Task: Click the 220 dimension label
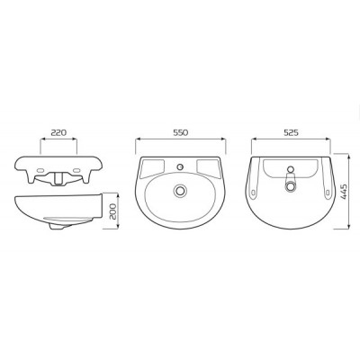click(x=58, y=132)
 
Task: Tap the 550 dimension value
click(x=180, y=132)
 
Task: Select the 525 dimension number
click(x=291, y=132)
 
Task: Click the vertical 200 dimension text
click(x=112, y=211)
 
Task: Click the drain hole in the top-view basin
click(x=180, y=191)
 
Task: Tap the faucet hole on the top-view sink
click(x=180, y=166)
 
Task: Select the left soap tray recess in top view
click(x=153, y=166)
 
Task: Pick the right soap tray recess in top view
click(x=208, y=166)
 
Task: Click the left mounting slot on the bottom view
click(x=254, y=191)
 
